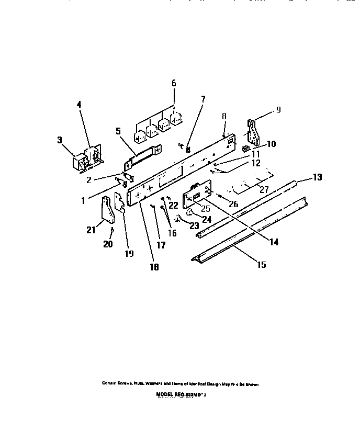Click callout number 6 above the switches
pyautogui.click(x=174, y=83)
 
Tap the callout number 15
pyautogui.click(x=261, y=265)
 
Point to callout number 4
pyautogui.click(x=79, y=105)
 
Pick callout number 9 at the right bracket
pyautogui.click(x=278, y=110)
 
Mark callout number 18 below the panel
pyautogui.click(x=154, y=267)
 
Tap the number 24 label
pyautogui.click(x=207, y=220)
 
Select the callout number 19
pyautogui.click(x=129, y=254)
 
